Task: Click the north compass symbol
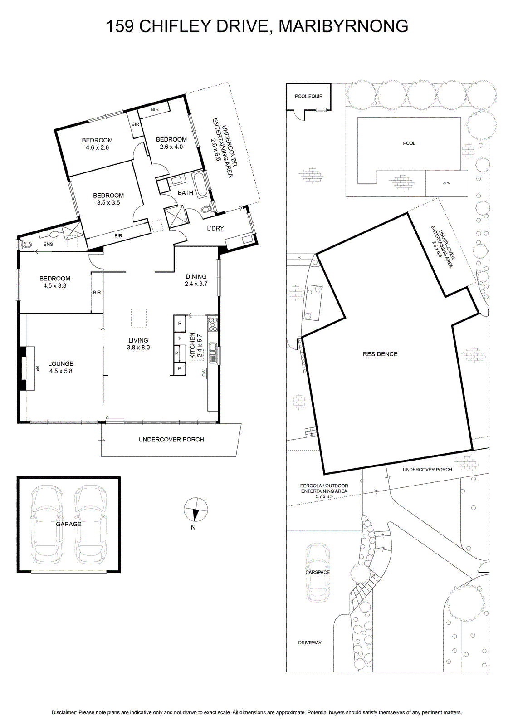196,509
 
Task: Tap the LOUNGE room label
61,363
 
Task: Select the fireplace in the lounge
27,368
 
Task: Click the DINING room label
196,276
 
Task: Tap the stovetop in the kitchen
213,324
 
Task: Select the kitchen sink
213,352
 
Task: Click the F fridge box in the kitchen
180,338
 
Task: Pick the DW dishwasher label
204,374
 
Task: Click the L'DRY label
215,228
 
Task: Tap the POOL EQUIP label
308,96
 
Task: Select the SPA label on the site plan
446,183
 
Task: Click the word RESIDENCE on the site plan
380,354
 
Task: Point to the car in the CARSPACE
318,572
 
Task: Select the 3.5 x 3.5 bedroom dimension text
108,202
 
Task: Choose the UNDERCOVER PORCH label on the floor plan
171,440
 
